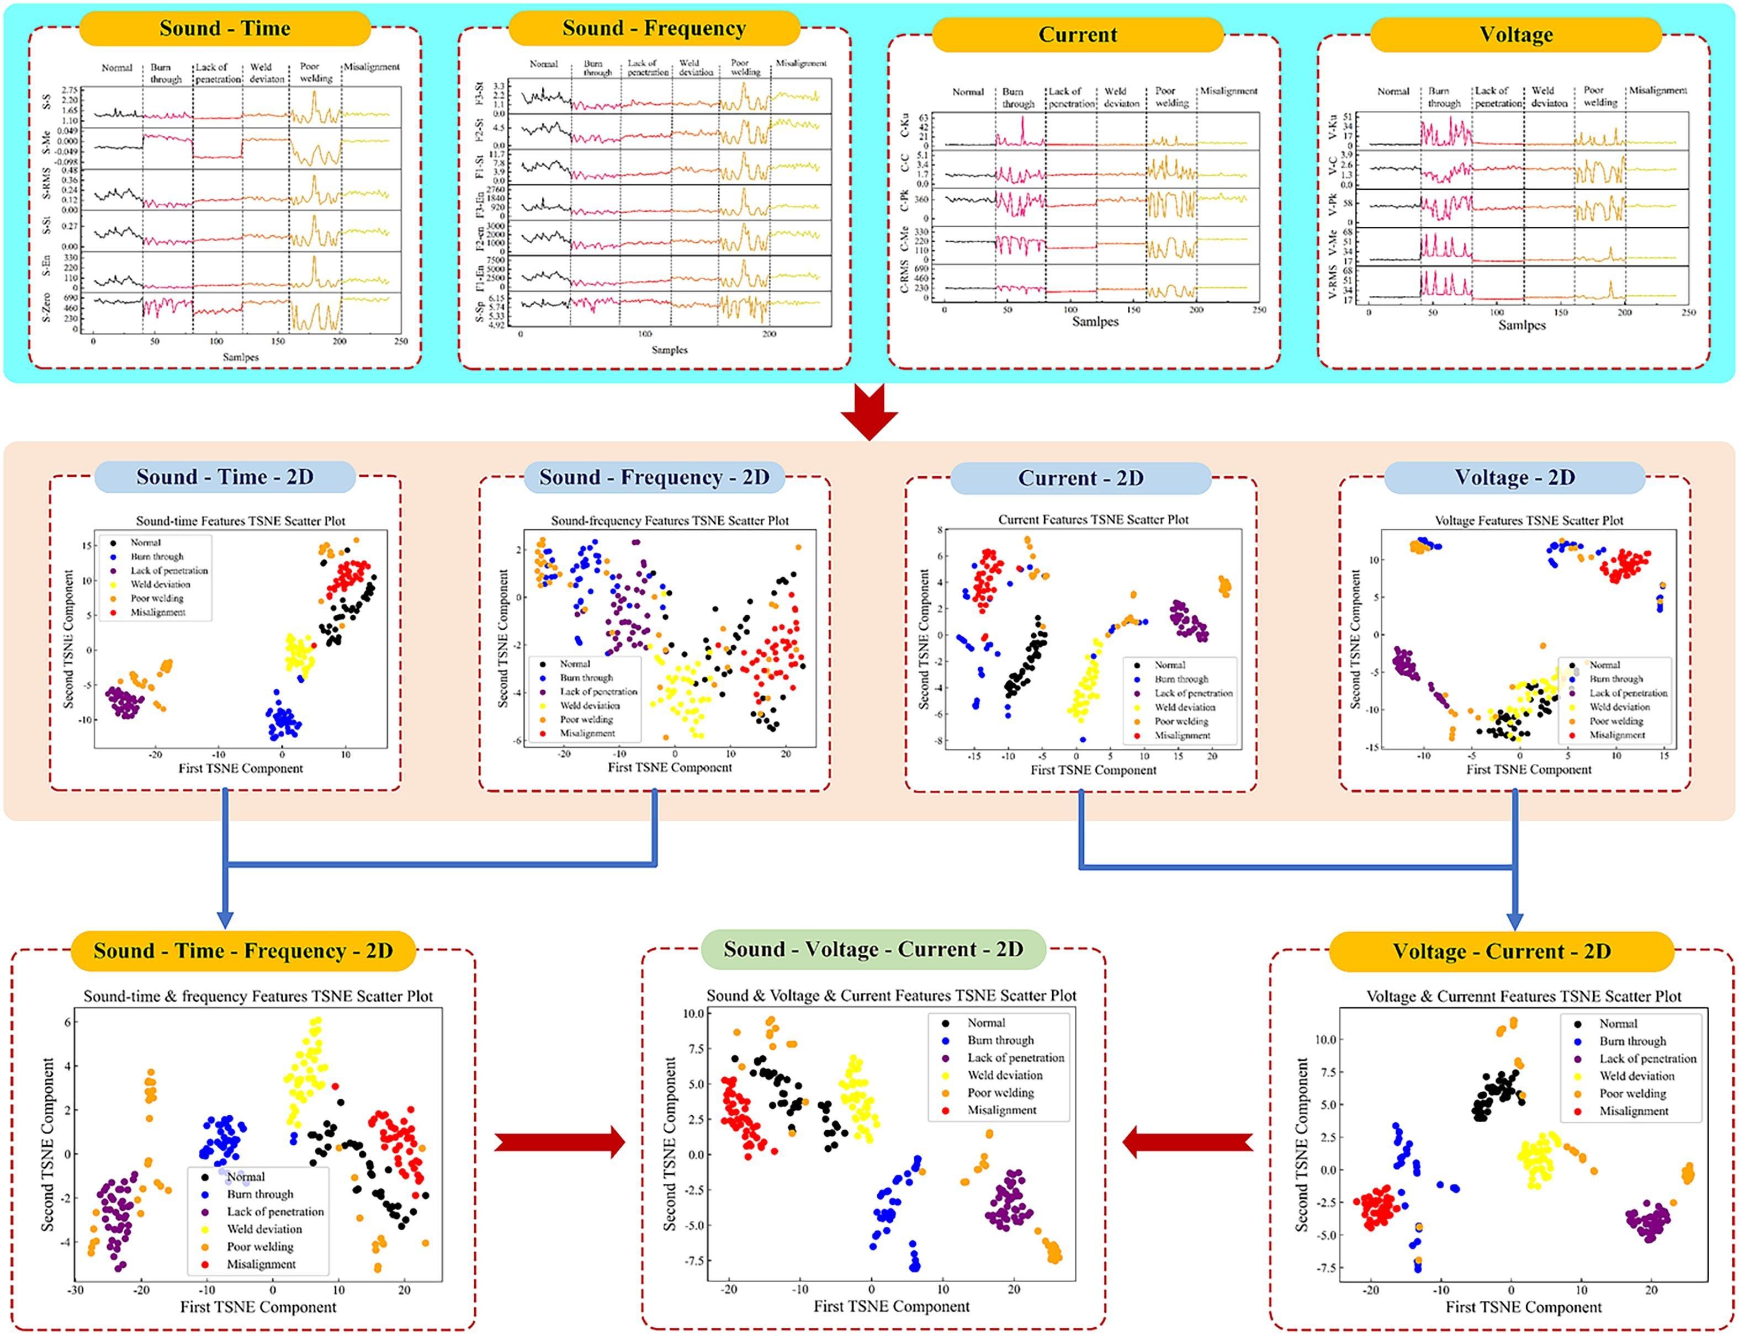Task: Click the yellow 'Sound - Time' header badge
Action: (225, 29)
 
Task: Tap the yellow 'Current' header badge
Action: (1077, 35)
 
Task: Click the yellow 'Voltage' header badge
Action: (1515, 35)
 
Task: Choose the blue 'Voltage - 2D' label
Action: (1514, 477)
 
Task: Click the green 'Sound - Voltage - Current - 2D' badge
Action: (873, 950)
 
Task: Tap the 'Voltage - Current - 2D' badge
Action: (1502, 952)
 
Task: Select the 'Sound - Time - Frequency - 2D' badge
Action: (243, 951)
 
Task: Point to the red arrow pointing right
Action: (560, 1143)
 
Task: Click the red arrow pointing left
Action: (1187, 1143)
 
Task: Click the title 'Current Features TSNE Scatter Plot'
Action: (1093, 520)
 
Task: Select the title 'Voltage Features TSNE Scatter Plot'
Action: (1528, 520)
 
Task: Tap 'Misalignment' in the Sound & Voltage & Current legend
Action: (1001, 1110)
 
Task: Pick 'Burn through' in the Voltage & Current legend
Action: (1632, 1041)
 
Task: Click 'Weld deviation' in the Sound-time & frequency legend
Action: (264, 1229)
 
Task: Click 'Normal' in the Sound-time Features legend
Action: (145, 542)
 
